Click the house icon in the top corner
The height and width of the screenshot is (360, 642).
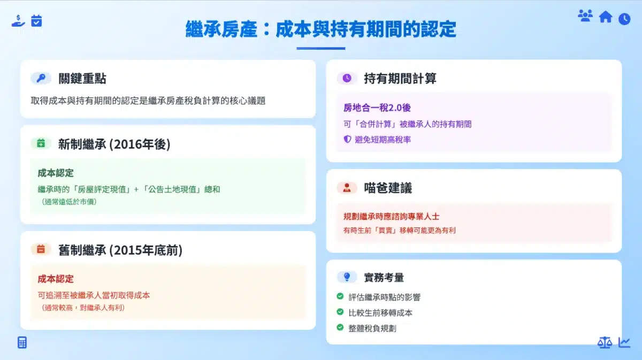605,17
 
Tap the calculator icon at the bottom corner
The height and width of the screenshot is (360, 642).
22,342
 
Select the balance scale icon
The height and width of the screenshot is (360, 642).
605,342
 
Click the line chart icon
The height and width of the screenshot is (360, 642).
624,342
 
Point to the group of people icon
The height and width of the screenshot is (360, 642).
585,16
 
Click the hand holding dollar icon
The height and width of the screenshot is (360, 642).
18,21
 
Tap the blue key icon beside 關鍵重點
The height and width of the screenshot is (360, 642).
41,78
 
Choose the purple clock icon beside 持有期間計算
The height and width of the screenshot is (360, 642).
347,78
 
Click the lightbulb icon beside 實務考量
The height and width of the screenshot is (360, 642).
347,277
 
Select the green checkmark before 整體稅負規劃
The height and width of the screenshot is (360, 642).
340,327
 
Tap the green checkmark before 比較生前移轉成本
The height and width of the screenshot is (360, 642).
340,312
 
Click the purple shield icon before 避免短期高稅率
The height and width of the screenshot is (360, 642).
347,139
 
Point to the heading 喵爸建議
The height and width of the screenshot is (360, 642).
388,188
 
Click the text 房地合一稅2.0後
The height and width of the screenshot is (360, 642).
377,108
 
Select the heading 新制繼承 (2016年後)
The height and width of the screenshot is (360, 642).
114,144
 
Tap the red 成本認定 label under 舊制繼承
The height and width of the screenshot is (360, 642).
56,279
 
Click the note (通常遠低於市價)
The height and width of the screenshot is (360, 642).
69,202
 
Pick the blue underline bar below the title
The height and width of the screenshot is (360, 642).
320,49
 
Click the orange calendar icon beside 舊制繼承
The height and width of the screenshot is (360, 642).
41,249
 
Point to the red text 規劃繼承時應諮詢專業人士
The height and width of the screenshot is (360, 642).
391,217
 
